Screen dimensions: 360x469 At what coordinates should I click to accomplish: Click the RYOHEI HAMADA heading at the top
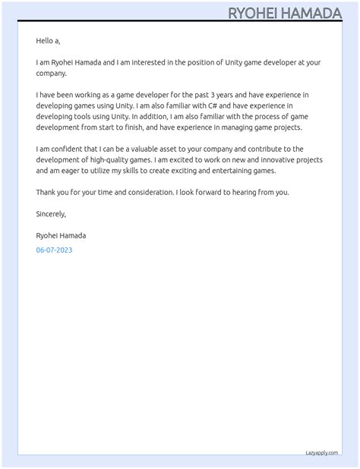(285, 13)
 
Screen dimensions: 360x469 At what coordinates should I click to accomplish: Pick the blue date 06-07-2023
(54, 250)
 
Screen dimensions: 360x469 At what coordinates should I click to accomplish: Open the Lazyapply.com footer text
(321, 452)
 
